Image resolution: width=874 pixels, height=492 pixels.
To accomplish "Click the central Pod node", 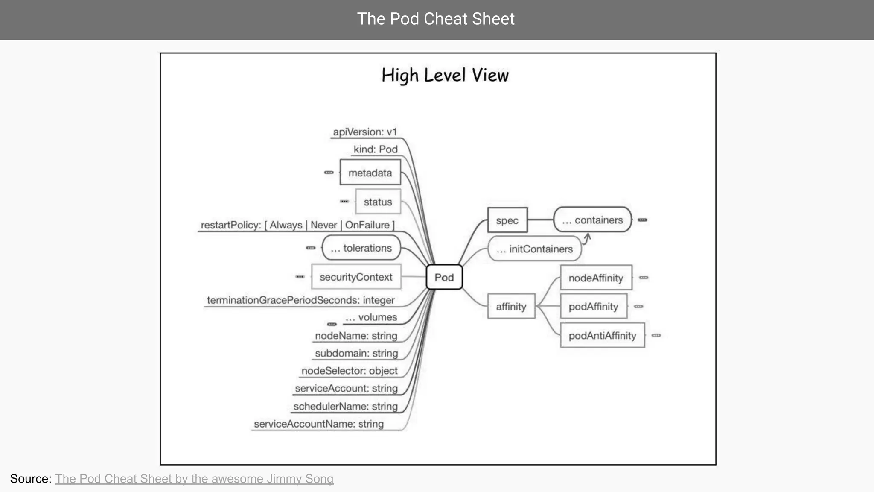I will [x=444, y=277].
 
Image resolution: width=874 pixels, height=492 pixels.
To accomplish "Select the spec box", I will [x=507, y=220].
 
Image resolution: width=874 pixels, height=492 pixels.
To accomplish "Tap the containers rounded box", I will [x=592, y=220].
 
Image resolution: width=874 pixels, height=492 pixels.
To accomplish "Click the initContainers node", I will [x=535, y=249].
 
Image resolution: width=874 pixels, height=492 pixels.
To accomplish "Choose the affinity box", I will [x=511, y=306].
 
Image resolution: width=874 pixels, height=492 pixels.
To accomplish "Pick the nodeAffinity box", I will [x=596, y=278].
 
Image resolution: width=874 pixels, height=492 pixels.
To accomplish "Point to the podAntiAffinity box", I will [x=602, y=336].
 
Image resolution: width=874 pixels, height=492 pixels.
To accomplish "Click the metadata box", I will [x=370, y=173].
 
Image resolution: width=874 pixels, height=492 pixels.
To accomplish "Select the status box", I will [x=378, y=202].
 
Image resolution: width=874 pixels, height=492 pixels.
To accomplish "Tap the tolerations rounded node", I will [x=361, y=248].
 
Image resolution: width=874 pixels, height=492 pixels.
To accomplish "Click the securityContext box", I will [x=356, y=277].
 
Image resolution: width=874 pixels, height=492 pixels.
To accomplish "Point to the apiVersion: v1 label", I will [x=365, y=132].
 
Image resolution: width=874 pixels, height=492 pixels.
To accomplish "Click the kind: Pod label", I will [x=376, y=149].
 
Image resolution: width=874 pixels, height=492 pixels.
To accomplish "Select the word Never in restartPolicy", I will [x=323, y=225].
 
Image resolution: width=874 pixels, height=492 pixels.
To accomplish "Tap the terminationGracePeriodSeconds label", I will [x=300, y=300].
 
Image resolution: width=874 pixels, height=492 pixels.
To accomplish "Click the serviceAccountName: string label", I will [x=319, y=424].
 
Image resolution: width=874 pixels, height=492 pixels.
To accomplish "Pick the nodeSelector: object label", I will [x=349, y=371].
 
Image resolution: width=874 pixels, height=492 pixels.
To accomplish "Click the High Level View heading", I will [x=445, y=76].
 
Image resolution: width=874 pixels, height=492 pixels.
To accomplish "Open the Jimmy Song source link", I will [x=194, y=479].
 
